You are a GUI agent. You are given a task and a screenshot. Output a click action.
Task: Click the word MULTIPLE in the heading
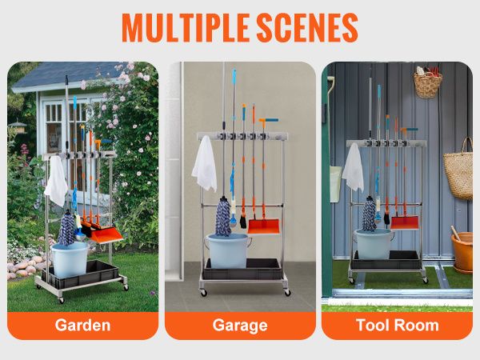(186, 27)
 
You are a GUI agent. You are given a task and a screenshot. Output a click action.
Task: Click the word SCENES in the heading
(307, 27)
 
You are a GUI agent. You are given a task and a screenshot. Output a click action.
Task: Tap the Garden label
(82, 325)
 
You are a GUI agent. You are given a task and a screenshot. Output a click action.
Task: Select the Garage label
(240, 326)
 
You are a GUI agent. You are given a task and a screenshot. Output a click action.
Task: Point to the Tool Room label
(398, 325)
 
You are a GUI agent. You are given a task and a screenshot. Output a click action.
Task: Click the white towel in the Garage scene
(205, 164)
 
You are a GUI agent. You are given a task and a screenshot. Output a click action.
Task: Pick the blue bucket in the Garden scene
(70, 259)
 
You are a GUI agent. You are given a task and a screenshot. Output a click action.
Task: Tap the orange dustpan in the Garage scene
(263, 226)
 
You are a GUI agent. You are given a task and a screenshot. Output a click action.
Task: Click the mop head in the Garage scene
(223, 217)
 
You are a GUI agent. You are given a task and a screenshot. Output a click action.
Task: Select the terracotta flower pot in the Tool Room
(463, 252)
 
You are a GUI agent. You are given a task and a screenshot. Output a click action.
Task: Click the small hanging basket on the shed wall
(428, 82)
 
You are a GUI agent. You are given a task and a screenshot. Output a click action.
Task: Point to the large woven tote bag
(458, 171)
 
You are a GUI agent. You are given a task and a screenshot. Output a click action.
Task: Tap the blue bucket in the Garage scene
(228, 250)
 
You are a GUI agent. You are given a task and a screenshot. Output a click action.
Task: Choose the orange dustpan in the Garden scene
(107, 234)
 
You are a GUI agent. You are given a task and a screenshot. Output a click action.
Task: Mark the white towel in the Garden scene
(56, 182)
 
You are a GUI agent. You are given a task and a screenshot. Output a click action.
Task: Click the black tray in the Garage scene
(242, 269)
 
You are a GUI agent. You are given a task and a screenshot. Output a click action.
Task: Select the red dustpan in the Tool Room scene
(404, 222)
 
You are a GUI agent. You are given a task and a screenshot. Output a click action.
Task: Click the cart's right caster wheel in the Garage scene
(287, 292)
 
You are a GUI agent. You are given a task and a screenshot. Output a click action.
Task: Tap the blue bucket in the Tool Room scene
(374, 244)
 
